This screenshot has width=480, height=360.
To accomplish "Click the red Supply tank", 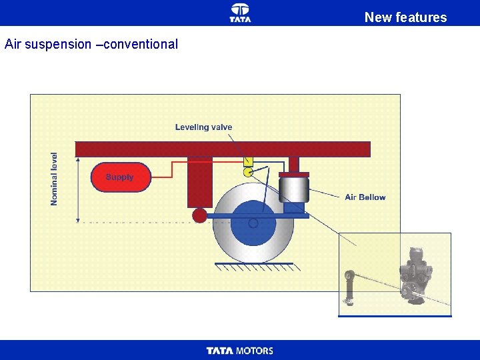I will (x=121, y=177).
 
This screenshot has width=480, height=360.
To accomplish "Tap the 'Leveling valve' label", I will (x=203, y=127).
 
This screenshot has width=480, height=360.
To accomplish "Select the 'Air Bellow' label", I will (x=365, y=197).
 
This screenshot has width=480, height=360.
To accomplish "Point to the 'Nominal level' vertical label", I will (x=55, y=179).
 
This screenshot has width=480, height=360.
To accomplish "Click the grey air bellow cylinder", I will (x=293, y=189).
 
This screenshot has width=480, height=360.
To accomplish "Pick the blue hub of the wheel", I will (x=253, y=223).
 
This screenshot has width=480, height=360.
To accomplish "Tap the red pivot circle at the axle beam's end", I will (x=199, y=215).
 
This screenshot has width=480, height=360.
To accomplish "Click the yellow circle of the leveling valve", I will (x=248, y=172).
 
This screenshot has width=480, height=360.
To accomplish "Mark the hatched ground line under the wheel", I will (x=254, y=266).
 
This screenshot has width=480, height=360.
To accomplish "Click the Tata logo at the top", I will (x=240, y=12).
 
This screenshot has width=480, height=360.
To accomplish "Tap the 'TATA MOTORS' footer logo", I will (x=240, y=351).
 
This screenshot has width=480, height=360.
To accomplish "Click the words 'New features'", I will (x=405, y=17).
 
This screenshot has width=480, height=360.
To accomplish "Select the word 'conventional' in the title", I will (x=140, y=45).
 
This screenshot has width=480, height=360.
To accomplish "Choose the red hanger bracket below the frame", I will (x=200, y=181).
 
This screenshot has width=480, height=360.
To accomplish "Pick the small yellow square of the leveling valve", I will (x=248, y=161).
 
